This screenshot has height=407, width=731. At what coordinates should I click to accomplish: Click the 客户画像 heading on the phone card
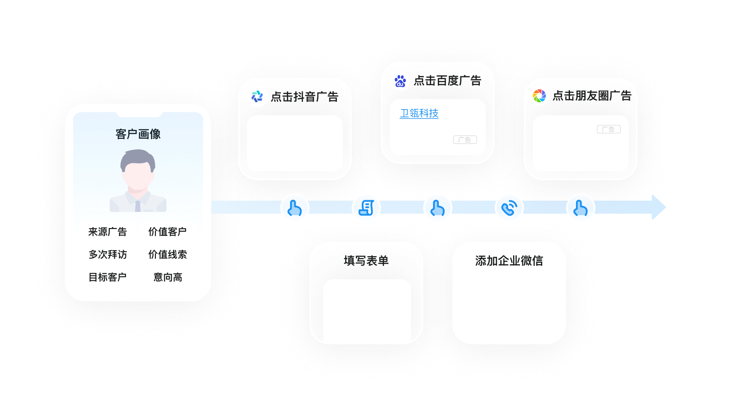[138, 134]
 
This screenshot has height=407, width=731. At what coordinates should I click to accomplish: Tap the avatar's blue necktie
[137, 206]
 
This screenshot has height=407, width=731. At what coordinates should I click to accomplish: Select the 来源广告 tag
[107, 232]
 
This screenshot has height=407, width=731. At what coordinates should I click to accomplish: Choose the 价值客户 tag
[167, 232]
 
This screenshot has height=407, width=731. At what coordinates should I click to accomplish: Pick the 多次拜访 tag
[107, 254]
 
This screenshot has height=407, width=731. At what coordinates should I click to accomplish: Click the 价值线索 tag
[167, 254]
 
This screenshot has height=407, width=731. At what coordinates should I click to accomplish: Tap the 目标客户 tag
[107, 277]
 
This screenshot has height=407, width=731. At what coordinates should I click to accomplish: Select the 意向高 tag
[167, 277]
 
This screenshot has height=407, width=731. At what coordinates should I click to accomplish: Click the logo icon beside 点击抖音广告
[257, 96]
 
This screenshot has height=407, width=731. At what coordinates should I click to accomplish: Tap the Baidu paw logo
[400, 81]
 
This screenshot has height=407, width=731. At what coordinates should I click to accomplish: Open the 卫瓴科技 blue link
[419, 113]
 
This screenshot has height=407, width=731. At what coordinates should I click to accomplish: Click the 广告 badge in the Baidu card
[465, 140]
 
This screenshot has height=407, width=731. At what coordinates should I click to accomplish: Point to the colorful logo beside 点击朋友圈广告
[539, 96]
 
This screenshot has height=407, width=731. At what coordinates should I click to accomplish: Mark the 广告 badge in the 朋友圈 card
[608, 129]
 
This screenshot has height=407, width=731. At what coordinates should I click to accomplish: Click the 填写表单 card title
[366, 261]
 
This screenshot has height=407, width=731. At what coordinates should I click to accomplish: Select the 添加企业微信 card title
[509, 261]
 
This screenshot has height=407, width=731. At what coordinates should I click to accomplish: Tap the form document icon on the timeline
[366, 208]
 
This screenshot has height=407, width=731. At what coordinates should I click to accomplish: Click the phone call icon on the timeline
[509, 208]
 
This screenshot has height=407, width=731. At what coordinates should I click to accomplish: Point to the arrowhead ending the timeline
[658, 207]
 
